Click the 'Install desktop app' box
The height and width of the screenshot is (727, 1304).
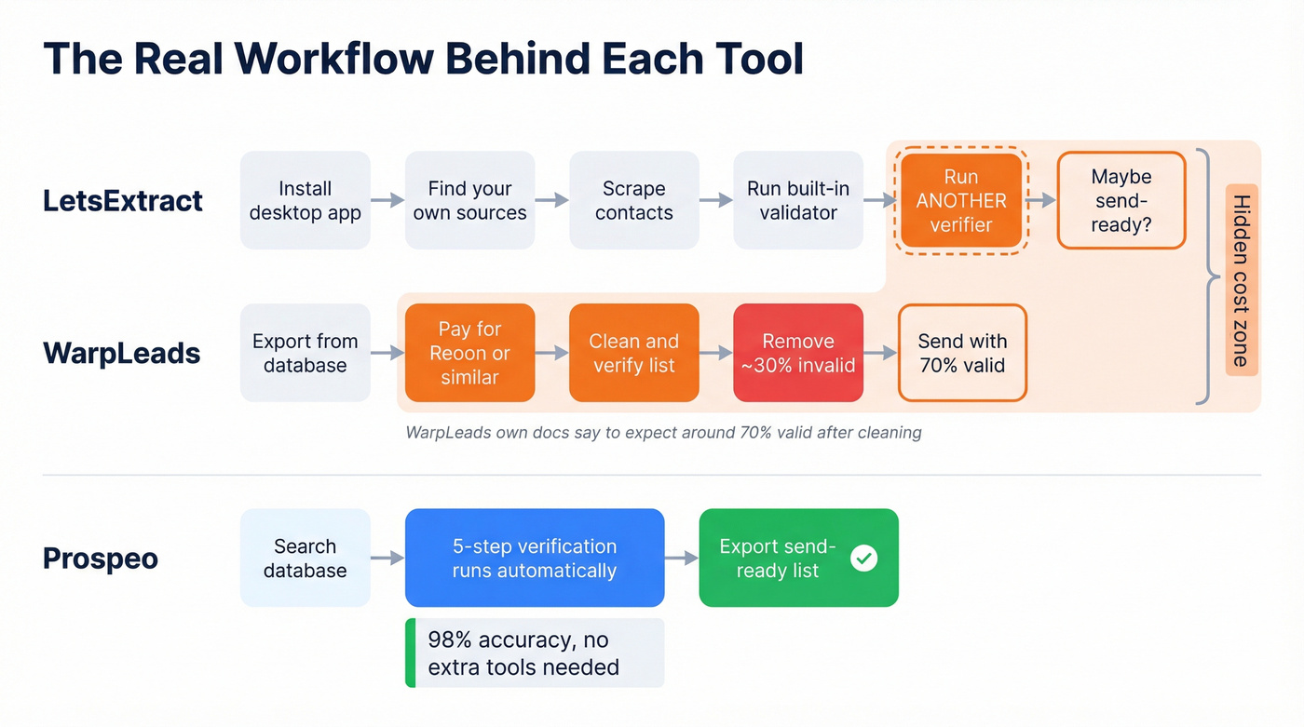(305, 200)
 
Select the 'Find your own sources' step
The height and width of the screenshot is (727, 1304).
(469, 200)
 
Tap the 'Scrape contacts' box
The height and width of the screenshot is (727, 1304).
(633, 200)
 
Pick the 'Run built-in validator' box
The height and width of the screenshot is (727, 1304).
(798, 200)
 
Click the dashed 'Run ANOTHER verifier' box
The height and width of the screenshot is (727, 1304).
(960, 200)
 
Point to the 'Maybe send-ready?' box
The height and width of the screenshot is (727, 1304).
(1121, 200)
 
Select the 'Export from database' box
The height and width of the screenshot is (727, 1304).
(305, 353)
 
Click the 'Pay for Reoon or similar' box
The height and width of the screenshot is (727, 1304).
(469, 353)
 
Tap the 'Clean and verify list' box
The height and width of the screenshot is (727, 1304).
(633, 353)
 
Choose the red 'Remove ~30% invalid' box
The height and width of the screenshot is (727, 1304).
(798, 353)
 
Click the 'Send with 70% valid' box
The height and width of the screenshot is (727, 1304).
(961, 353)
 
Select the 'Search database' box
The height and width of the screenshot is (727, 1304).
(305, 558)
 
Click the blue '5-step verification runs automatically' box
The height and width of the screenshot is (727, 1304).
(535, 558)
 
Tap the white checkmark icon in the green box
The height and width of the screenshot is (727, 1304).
(863, 558)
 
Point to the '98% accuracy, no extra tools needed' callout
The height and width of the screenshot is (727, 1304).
(535, 653)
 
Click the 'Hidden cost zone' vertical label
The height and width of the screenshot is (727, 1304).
(1241, 280)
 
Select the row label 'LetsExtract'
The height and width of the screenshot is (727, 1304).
(123, 200)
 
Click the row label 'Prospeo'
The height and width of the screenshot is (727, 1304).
(101, 559)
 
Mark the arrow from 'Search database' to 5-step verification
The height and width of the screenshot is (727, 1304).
(387, 558)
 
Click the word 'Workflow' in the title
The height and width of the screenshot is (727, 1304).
(333, 59)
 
